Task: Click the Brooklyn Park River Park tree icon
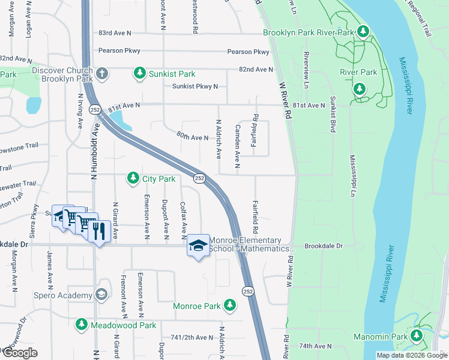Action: pos(363,31)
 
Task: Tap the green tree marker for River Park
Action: pos(360,89)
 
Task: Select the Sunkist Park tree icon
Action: pos(140,74)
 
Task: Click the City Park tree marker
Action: pos(132,178)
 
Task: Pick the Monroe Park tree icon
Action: pos(229,306)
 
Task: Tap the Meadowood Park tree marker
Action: pos(82,325)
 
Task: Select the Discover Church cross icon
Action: pos(102,74)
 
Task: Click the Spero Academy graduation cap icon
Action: pos(101,295)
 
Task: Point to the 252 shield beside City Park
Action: pos(200,178)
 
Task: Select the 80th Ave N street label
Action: pos(192,137)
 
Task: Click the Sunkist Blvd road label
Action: pos(332,116)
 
